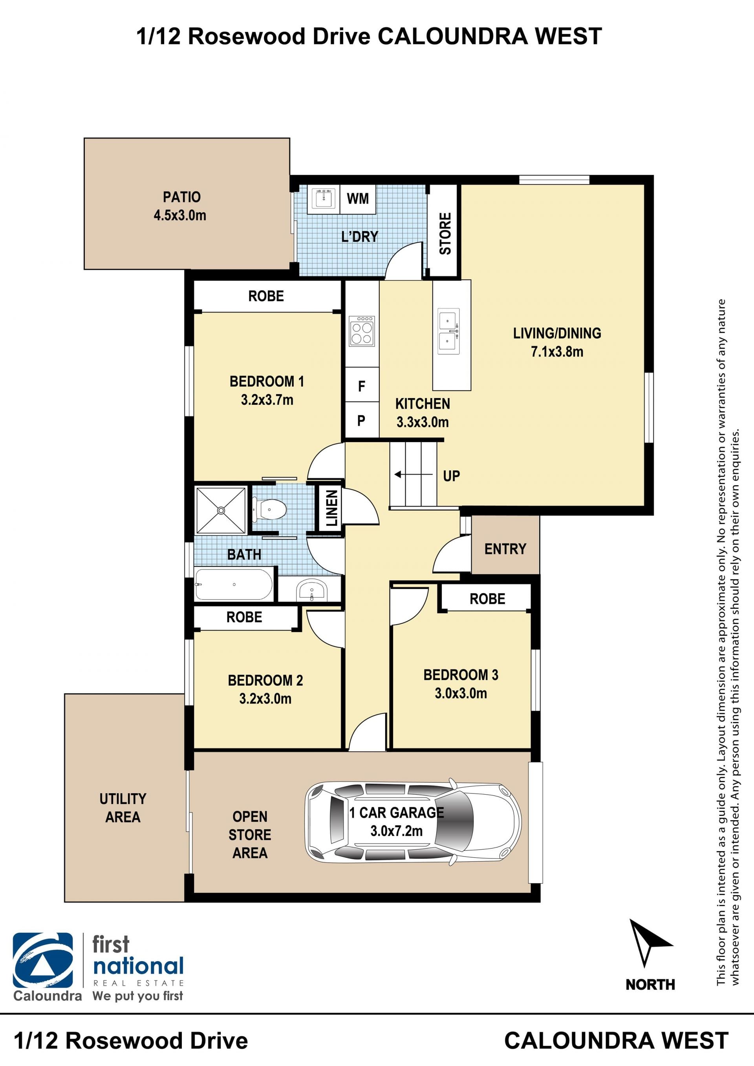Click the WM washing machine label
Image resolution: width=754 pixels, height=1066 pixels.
[357, 199]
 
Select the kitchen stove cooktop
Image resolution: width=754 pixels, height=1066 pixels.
[362, 331]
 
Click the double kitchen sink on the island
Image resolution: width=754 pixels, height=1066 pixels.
[448, 331]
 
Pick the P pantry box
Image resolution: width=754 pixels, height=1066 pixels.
[362, 420]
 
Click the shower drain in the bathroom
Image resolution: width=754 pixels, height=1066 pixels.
[221, 510]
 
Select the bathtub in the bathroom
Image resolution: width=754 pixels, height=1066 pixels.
[234, 584]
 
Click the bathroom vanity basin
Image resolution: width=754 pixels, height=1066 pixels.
[311, 590]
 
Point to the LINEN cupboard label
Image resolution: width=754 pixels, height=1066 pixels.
[331, 508]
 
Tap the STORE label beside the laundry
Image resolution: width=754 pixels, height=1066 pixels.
[445, 234]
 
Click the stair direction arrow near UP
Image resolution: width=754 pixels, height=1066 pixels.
[413, 475]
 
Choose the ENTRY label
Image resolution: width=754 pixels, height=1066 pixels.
[505, 549]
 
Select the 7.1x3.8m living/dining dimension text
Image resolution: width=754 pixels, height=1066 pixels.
[557, 351]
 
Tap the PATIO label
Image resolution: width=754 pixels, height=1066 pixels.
[181, 197]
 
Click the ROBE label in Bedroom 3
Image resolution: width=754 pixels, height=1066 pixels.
[487, 598]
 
